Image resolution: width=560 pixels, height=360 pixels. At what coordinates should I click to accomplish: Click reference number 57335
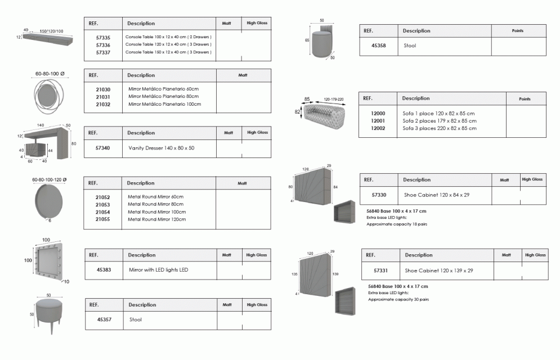(103, 37)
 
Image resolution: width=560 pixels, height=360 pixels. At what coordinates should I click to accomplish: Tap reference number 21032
(103, 104)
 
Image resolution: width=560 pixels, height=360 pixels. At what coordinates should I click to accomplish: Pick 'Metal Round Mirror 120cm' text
(157, 219)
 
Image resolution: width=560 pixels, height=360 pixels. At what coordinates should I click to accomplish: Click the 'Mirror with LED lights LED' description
(158, 270)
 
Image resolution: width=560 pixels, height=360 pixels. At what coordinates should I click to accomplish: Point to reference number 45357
(104, 319)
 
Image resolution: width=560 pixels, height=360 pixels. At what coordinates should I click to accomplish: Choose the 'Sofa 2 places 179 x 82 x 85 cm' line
(440, 121)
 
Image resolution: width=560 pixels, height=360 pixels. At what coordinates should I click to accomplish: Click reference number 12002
(378, 128)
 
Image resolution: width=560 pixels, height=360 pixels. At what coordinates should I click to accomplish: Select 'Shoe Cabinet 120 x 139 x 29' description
(439, 271)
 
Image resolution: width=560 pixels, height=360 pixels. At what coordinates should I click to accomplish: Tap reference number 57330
(379, 195)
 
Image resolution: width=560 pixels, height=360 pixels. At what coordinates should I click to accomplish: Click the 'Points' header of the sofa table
(525, 99)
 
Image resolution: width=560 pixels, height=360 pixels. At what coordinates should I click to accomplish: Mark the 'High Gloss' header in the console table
(257, 24)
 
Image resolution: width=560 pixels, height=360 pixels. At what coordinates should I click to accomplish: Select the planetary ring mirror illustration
(51, 94)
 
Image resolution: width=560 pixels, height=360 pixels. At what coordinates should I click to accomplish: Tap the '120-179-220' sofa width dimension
(334, 99)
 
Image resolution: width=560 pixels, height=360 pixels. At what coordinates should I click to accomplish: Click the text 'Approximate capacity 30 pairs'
(398, 300)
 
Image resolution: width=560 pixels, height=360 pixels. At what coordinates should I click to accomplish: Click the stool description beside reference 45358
(410, 46)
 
